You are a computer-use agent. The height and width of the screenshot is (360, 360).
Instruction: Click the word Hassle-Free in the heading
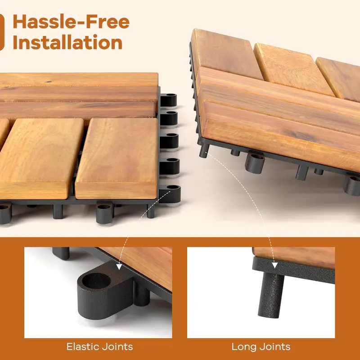[x=71, y=22]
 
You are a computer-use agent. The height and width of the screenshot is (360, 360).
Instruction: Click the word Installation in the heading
[x=67, y=42]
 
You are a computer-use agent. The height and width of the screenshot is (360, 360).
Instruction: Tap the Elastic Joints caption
[x=99, y=346]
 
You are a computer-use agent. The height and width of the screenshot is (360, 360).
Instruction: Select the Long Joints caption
[x=261, y=346]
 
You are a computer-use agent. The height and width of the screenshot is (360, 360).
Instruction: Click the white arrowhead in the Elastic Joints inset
[x=119, y=267]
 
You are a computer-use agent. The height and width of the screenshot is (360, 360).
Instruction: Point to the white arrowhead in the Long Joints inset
[x=275, y=265]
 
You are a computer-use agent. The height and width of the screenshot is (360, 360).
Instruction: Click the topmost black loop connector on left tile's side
[x=168, y=100]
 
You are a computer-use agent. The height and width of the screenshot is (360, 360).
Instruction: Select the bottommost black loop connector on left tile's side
[x=170, y=194]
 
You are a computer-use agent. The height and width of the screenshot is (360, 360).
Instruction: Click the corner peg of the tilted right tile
[x=204, y=151]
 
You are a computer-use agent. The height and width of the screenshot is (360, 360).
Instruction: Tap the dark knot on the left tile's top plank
[x=48, y=81]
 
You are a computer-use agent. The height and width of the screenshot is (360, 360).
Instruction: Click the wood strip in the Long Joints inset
[x=294, y=256]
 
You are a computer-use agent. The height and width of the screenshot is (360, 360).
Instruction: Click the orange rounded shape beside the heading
[x=2, y=32]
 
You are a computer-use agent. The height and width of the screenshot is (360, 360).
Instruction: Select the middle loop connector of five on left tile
[x=169, y=141]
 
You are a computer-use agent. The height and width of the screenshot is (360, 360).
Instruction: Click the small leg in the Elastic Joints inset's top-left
[x=61, y=253]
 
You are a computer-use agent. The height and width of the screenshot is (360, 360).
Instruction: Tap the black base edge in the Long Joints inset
[x=293, y=270]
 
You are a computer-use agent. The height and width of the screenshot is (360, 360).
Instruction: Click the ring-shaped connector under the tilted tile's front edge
[x=255, y=163]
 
